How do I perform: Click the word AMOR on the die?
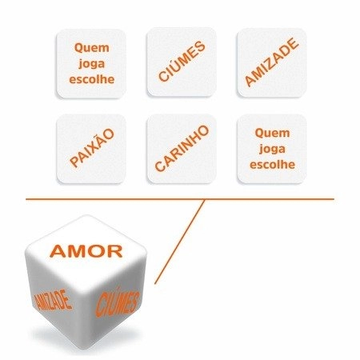(86, 251)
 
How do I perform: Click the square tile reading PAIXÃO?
(91, 149)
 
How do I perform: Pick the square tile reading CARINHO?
(182, 149)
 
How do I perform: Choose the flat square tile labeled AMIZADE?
(272, 62)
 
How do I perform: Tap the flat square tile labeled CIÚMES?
(182, 62)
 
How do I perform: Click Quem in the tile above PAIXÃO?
(92, 48)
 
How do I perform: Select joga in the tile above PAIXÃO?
(92, 64)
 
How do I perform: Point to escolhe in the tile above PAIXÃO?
(92, 79)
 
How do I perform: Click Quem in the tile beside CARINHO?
(272, 134)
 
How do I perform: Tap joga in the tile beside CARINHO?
(272, 149)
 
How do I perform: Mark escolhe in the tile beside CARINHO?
(272, 164)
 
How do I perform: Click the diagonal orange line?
(179, 242)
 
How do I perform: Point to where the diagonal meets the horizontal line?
(205, 199)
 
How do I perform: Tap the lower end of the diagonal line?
(154, 283)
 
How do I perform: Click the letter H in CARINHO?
(194, 140)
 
